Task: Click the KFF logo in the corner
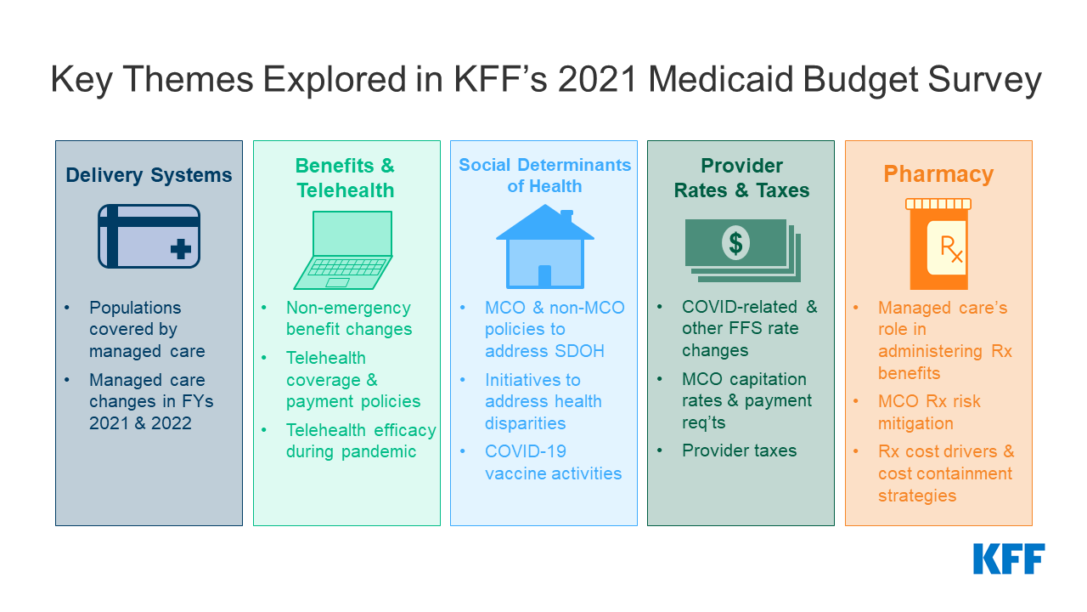click(1009, 559)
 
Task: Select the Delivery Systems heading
click(149, 175)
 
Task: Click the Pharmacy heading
click(938, 174)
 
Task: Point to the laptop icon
click(344, 250)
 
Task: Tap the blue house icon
click(545, 246)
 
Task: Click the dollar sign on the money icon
click(735, 243)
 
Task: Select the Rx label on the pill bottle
click(951, 249)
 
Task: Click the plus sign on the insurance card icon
click(181, 249)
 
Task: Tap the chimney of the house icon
click(566, 216)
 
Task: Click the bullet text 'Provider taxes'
click(739, 450)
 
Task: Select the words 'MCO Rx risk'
click(929, 402)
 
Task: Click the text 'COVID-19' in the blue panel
click(526, 451)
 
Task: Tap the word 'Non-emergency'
click(348, 308)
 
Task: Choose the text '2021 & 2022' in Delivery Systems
click(140, 423)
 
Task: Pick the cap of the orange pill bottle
click(938, 204)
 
